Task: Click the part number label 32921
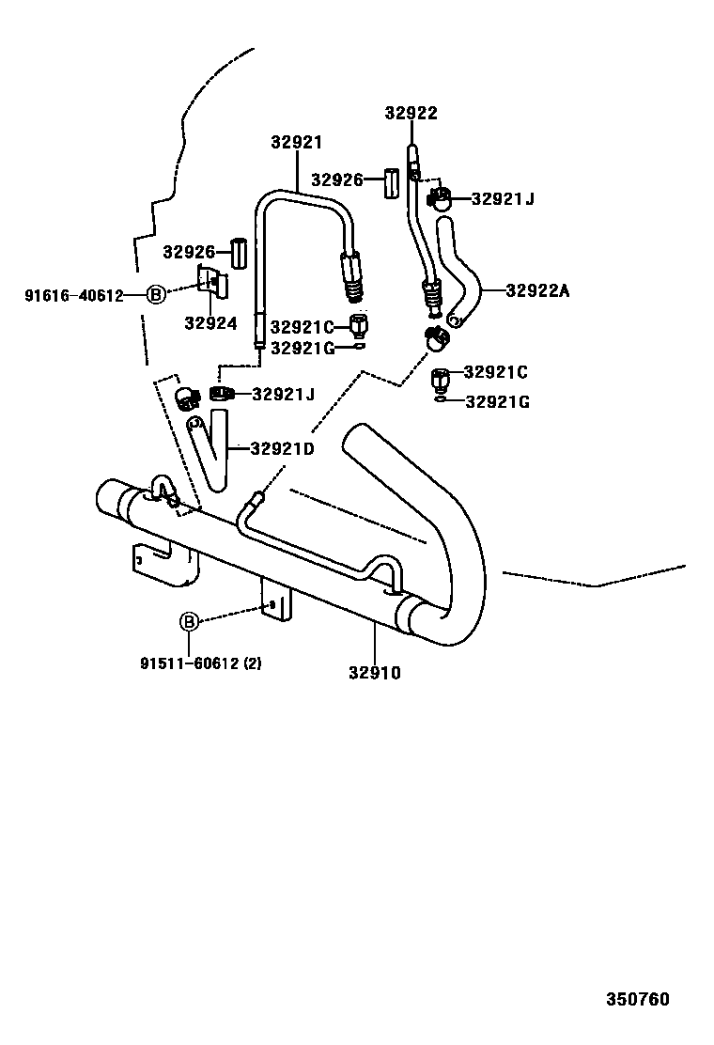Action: pyautogui.click(x=296, y=143)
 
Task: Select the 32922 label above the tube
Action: pyautogui.click(x=411, y=113)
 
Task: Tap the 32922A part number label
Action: pyautogui.click(x=537, y=290)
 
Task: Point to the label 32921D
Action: pyautogui.click(x=282, y=448)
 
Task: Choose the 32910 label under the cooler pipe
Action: pyautogui.click(x=374, y=672)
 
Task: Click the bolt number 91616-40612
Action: pyautogui.click(x=73, y=295)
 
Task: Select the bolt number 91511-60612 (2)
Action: pyautogui.click(x=201, y=663)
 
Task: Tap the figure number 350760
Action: pyautogui.click(x=637, y=998)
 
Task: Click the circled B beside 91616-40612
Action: pyautogui.click(x=156, y=295)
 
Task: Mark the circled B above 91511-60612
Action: pyautogui.click(x=189, y=621)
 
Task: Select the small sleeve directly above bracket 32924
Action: pyautogui.click(x=240, y=252)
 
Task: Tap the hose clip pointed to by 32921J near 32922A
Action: pyautogui.click(x=440, y=199)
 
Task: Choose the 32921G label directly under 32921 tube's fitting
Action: pyautogui.click(x=302, y=348)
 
